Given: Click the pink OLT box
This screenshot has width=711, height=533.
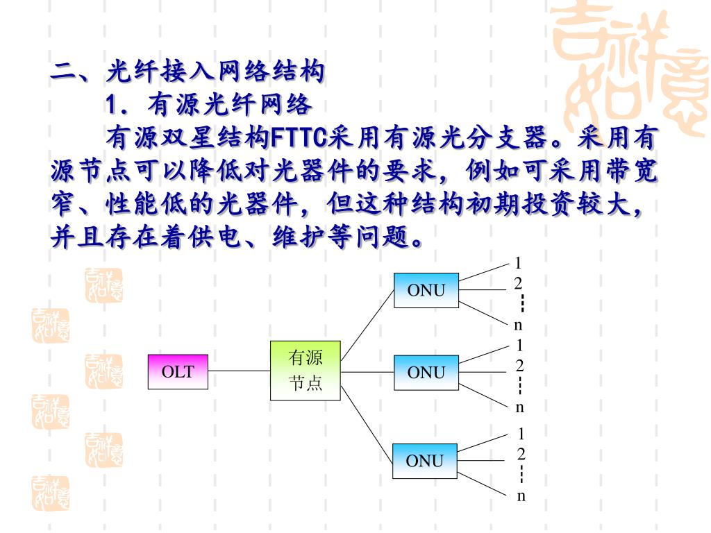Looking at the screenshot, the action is (x=178, y=371).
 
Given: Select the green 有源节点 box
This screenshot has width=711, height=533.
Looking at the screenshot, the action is (x=306, y=371).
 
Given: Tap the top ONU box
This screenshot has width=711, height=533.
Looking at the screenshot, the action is (x=426, y=290).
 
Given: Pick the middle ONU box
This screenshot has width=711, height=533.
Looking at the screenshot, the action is (x=426, y=372).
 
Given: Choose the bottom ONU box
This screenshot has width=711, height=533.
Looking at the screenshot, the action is (x=425, y=460).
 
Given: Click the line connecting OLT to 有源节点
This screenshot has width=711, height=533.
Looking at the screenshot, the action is (x=239, y=371).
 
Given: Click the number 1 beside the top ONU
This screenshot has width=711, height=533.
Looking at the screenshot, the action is (x=518, y=263).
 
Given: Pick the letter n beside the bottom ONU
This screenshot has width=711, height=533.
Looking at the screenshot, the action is (x=521, y=496).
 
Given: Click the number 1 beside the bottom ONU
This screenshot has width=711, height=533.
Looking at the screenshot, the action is (x=521, y=434).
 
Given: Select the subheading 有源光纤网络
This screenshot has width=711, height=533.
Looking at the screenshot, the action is (x=229, y=105).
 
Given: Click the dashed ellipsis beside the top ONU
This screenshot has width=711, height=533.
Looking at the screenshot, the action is (x=521, y=303).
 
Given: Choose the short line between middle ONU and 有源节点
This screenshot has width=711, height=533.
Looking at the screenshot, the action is (x=367, y=371).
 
